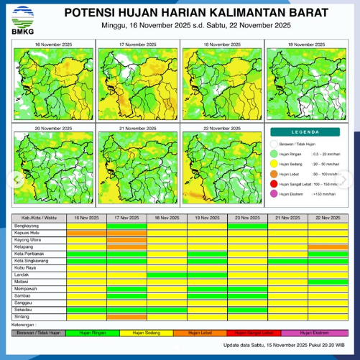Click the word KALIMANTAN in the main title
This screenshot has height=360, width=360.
[x=231, y=13]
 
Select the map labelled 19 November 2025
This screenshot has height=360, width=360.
[x=307, y=84]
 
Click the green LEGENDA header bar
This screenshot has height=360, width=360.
[x=306, y=133]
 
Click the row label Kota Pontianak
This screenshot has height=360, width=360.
[x=28, y=254]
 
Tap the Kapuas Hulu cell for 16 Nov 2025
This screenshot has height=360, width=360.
[x=86, y=234]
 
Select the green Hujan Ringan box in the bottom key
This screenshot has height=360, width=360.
[x=86, y=333]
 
